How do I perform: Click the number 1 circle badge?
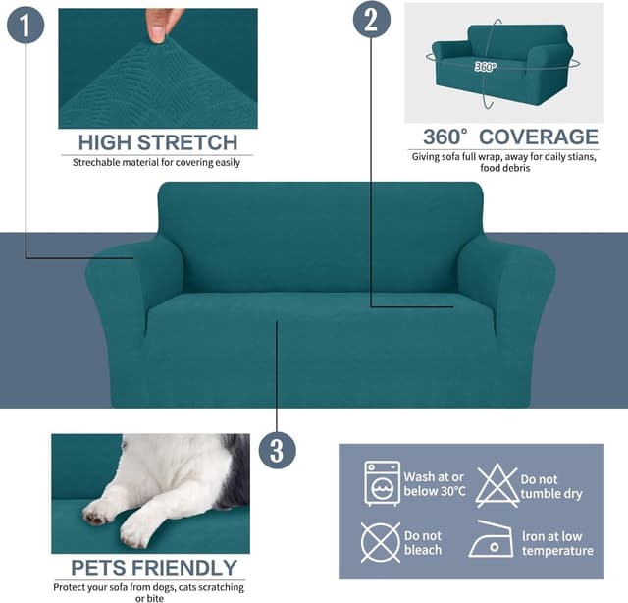pyautogui.click(x=26, y=24)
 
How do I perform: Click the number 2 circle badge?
pyautogui.click(x=370, y=20)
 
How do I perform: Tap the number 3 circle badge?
pyautogui.click(x=277, y=451)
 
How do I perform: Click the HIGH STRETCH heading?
pyautogui.click(x=157, y=141)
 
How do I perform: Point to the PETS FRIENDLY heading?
pyautogui.click(x=154, y=568)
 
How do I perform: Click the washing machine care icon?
pyautogui.click(x=382, y=482)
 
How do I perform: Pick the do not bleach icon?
pyautogui.click(x=381, y=542)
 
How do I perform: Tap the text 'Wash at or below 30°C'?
pyautogui.click(x=433, y=483)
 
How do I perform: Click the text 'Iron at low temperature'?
pyautogui.click(x=556, y=542)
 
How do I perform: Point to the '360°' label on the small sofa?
pyautogui.click(x=486, y=67)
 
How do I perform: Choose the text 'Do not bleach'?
pyautogui.click(x=423, y=543)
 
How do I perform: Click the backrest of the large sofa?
pyautogui.click(x=320, y=236)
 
